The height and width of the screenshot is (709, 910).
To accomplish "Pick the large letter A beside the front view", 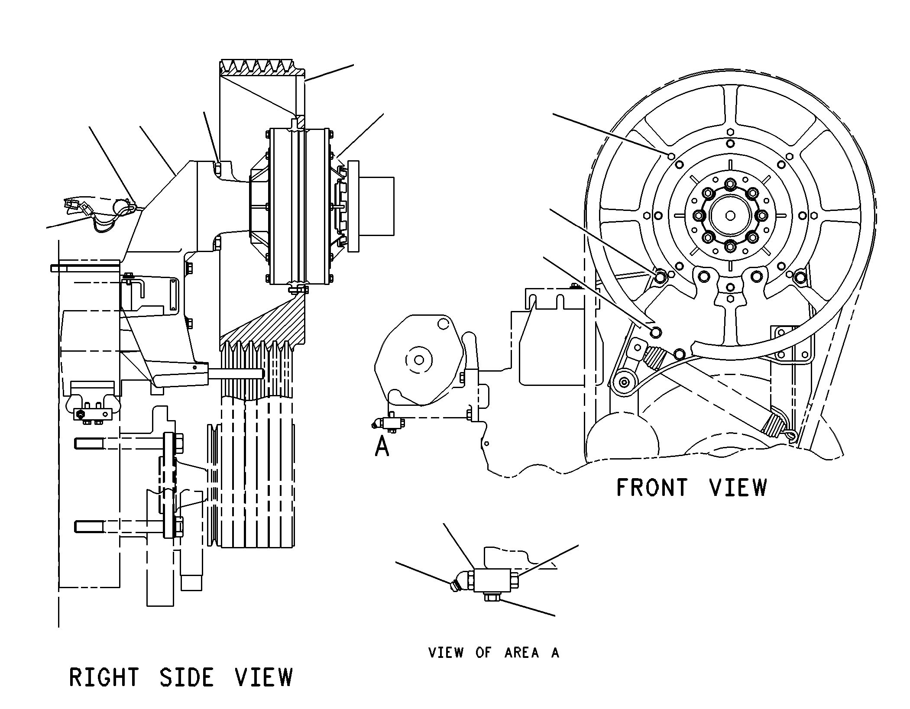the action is [382, 446].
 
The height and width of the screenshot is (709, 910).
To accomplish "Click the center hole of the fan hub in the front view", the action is [730, 215].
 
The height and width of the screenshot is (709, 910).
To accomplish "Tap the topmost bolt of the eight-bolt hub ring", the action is [730, 183].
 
